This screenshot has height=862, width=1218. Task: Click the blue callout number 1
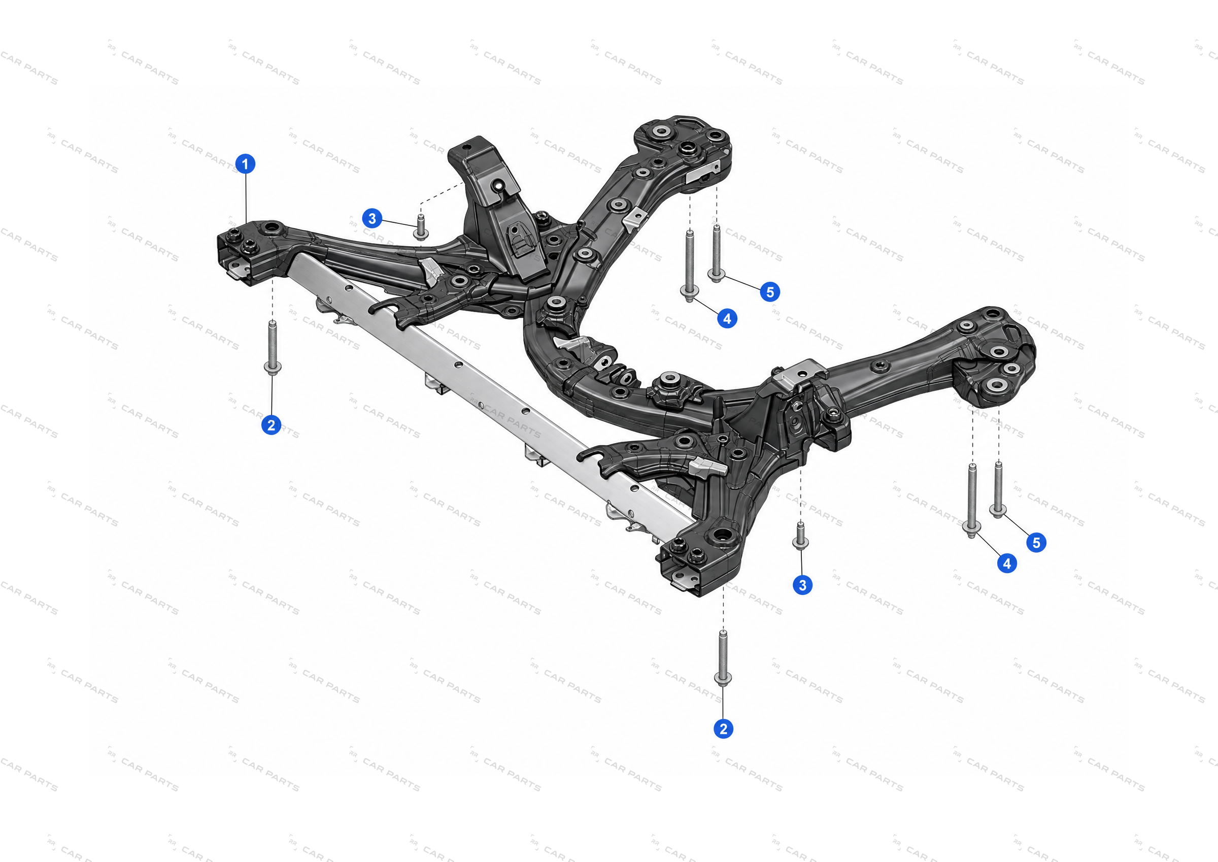(x=245, y=163)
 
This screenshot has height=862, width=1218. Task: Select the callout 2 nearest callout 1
(x=271, y=424)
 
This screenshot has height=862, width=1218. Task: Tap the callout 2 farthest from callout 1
(x=723, y=729)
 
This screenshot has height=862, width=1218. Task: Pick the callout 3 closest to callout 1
(x=372, y=218)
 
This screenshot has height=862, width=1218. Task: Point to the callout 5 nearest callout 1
(x=770, y=291)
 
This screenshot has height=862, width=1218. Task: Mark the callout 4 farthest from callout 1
(x=1007, y=563)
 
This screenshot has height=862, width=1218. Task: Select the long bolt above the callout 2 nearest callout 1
(x=272, y=348)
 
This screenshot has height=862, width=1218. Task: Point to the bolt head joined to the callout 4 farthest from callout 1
(x=971, y=527)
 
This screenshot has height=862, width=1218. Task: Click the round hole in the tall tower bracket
(x=497, y=186)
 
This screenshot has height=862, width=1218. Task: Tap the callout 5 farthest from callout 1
(x=1036, y=543)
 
